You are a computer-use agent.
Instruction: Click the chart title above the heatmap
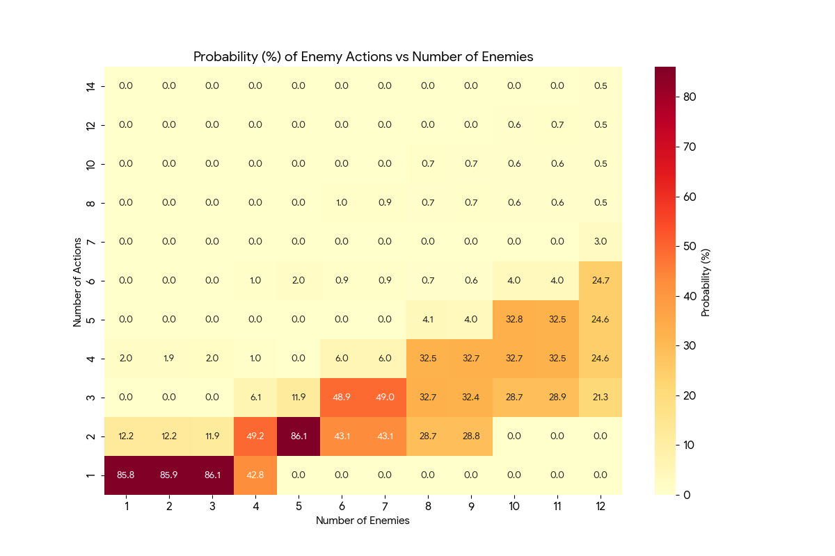click(363, 57)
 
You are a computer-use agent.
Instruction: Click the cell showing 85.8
click(126, 475)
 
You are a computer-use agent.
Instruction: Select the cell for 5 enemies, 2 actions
click(299, 436)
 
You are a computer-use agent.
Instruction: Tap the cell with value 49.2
click(255, 436)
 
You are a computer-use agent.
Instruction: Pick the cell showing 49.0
click(385, 398)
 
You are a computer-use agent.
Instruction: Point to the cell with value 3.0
click(601, 242)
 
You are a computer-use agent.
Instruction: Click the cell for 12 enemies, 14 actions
click(601, 86)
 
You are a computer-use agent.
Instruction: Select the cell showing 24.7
click(601, 281)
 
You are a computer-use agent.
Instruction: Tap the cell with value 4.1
click(428, 320)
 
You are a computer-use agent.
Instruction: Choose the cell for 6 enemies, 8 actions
click(342, 203)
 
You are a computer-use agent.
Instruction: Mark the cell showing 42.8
click(255, 475)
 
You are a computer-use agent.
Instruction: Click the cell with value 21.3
click(601, 398)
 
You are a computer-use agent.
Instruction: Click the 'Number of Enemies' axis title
click(363, 521)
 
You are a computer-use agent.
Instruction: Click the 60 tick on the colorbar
click(690, 197)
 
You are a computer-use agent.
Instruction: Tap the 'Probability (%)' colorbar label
click(706, 281)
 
